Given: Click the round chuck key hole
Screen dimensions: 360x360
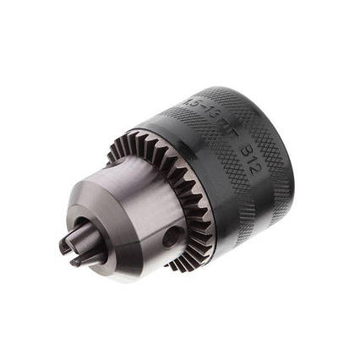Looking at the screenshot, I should pyautogui.click(x=170, y=237).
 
